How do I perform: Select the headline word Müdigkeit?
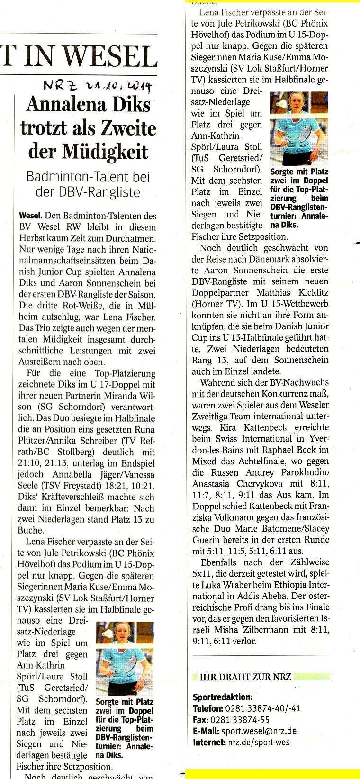tap(89, 151)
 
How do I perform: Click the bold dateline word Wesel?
tap(30, 216)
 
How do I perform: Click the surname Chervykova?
tap(261, 484)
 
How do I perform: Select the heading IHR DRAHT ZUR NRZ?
tap(245, 677)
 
